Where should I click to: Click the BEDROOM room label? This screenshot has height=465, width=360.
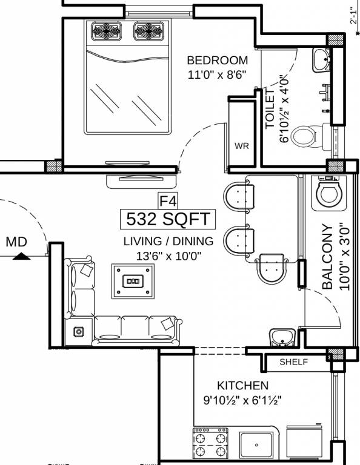click(217, 60)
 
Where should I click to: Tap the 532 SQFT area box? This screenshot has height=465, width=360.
click(168, 219)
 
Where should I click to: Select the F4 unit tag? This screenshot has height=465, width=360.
click(168, 201)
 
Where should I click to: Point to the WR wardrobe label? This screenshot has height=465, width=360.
click(242, 146)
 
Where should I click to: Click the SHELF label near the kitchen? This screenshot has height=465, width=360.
click(294, 362)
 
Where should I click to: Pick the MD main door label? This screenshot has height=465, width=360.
click(16, 242)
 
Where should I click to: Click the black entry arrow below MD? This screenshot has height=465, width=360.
click(21, 256)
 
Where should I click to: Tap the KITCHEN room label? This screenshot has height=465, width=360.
click(243, 386)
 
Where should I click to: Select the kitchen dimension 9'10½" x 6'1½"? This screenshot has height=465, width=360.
click(242, 401)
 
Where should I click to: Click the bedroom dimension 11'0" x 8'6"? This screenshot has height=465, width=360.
click(217, 74)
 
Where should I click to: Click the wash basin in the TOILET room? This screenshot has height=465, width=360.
click(321, 60)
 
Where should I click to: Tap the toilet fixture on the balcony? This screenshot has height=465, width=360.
click(328, 193)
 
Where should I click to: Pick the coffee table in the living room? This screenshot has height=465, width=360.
click(133, 281)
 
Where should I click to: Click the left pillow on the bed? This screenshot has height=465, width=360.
click(107, 31)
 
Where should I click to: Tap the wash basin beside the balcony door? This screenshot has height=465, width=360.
click(282, 337)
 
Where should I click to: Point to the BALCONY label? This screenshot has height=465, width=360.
click(328, 257)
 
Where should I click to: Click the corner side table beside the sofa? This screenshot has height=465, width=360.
click(79, 332)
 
